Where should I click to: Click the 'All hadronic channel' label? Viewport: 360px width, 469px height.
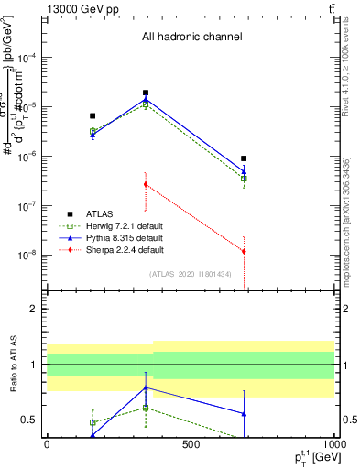coord(191,38)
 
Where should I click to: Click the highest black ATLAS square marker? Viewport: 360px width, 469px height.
coord(146,93)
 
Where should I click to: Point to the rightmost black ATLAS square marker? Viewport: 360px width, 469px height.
coord(244,158)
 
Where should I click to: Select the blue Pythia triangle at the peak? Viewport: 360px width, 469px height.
coord(146,100)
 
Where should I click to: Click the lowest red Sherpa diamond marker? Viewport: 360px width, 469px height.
coord(244,251)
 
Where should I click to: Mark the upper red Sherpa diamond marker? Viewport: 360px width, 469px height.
coord(146,184)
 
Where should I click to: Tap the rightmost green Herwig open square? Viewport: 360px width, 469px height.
coord(244,179)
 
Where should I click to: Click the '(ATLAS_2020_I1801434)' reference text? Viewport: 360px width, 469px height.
coord(191,274)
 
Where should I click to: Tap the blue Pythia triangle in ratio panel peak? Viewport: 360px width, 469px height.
coord(146,387)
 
